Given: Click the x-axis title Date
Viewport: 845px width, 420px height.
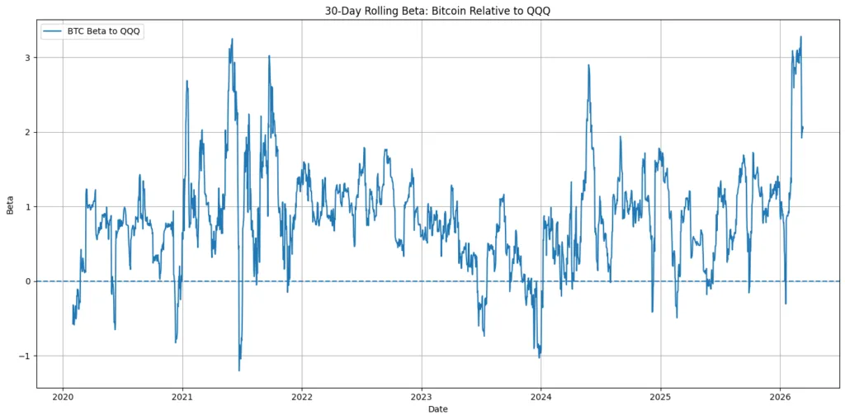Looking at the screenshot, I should click(438, 409).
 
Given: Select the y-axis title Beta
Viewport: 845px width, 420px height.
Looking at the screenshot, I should click(11, 208).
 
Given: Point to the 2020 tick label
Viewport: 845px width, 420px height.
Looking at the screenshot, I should click(63, 396).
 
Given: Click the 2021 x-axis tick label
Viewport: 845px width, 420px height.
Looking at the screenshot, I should click(182, 396).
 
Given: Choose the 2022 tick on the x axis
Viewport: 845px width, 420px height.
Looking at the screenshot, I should click(302, 396).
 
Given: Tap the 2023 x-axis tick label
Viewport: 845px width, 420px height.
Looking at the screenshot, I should click(422, 396).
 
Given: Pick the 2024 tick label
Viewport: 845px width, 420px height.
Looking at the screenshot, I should click(541, 396).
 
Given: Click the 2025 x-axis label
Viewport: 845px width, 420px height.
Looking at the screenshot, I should click(660, 396).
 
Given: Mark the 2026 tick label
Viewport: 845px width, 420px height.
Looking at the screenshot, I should click(780, 396).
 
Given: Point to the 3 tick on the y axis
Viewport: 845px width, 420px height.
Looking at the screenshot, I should click(28, 58).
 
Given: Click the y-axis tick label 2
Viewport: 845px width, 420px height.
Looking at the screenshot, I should click(28, 132).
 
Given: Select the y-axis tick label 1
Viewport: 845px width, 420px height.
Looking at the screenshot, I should click(28, 207).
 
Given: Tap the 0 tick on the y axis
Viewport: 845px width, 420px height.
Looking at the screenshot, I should click(28, 281).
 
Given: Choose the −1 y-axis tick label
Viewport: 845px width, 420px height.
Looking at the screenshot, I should click(25, 356).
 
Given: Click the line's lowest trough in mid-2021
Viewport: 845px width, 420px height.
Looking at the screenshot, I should click(239, 370).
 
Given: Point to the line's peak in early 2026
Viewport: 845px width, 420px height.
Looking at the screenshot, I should click(800, 36).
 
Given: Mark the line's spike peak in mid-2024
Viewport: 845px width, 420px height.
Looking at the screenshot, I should click(588, 64).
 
